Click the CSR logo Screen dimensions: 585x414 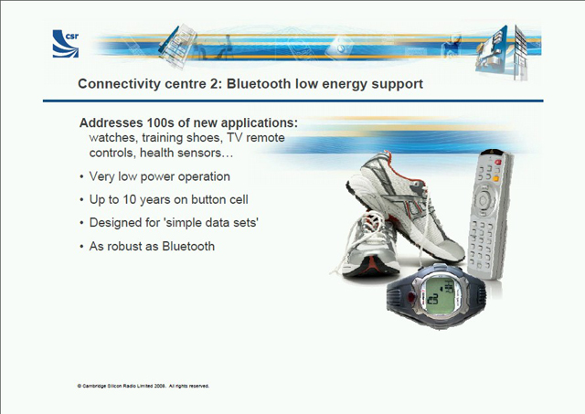[66, 44]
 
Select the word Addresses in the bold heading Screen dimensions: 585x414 [112, 122]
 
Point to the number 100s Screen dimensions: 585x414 [161, 122]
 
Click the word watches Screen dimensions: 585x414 [113, 138]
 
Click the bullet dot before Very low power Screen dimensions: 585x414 [81, 177]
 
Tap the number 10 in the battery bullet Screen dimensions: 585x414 [130, 199]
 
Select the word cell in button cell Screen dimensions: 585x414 [239, 199]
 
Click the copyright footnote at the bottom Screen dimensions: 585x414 [144, 386]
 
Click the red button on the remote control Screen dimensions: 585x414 [498, 163]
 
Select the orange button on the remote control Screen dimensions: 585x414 [495, 178]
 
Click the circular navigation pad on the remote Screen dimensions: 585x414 [484, 200]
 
